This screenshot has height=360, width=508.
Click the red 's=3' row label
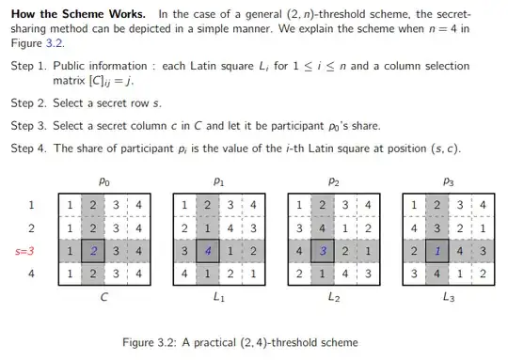click(x=28, y=251)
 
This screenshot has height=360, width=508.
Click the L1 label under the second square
click(x=218, y=297)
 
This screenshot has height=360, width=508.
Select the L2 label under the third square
click(x=333, y=297)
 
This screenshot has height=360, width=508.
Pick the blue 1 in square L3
click(x=437, y=251)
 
